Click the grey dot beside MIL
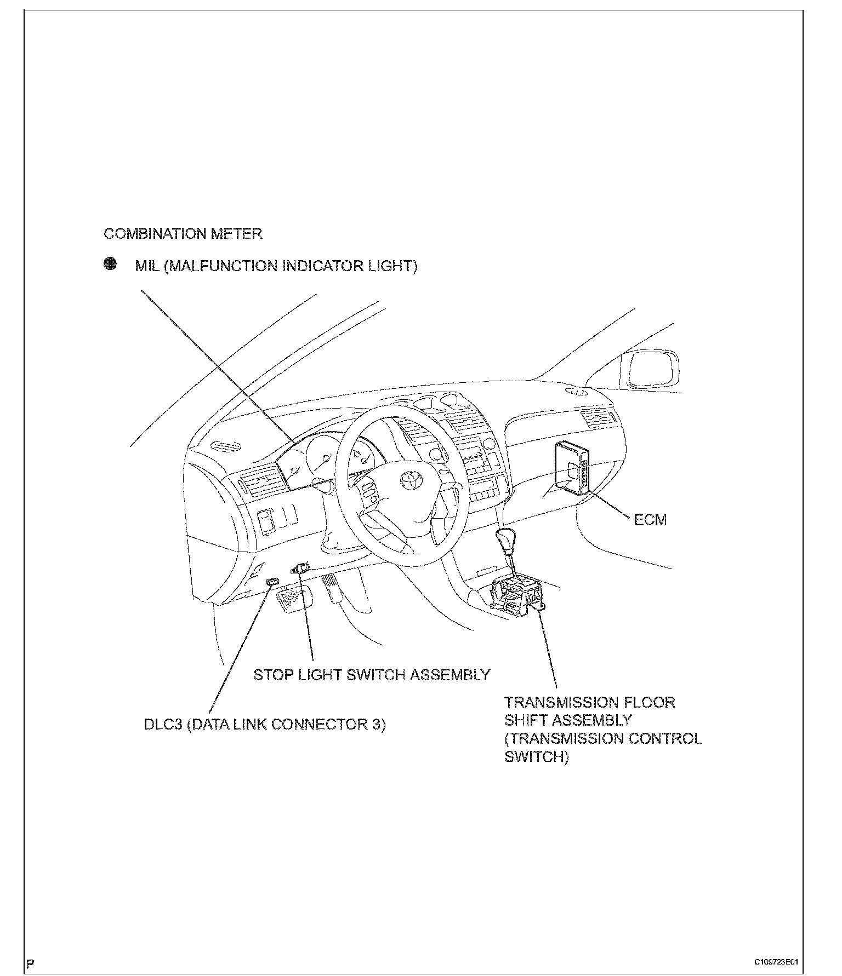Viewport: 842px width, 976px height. [110, 264]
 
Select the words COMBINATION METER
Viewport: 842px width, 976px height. [183, 234]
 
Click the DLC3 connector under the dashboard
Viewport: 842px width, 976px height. [272, 581]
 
